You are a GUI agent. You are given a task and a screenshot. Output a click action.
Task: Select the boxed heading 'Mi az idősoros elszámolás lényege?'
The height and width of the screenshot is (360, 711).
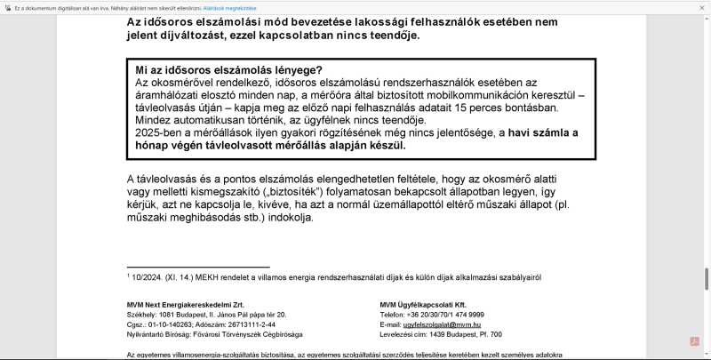[x=228, y=70]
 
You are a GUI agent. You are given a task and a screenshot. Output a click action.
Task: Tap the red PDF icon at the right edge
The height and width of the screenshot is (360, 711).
[x=695, y=341]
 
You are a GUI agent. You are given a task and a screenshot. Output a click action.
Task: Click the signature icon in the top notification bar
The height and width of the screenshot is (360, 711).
[x=8, y=8]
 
